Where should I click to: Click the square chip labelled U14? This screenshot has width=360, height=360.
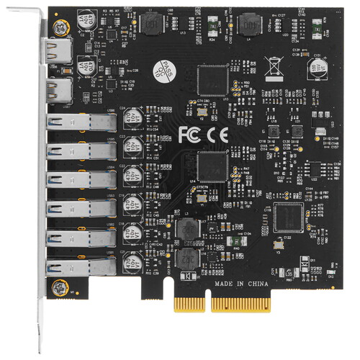click(x=212, y=166)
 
